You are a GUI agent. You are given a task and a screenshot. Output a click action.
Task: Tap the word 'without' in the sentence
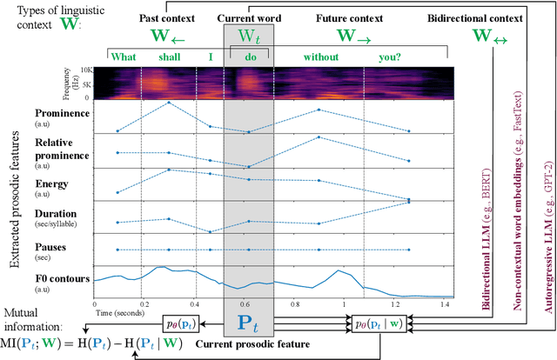pyautogui.click(x=320, y=57)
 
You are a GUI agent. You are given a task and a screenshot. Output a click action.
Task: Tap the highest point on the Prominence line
pyautogui.click(x=168, y=103)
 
